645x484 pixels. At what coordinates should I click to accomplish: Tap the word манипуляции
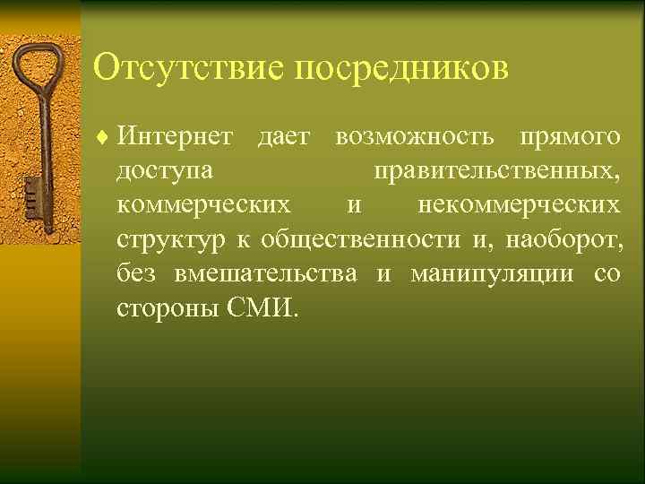point(491,275)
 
